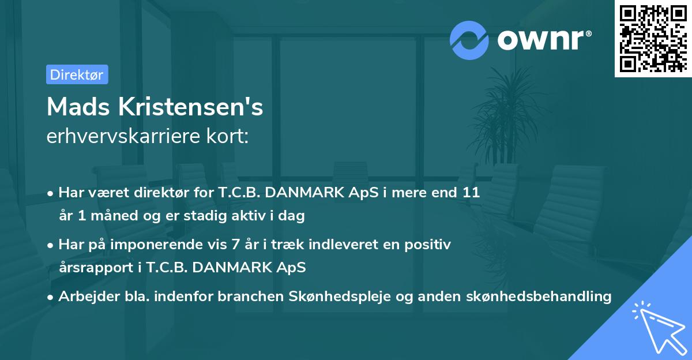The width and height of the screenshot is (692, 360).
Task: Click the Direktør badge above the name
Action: tap(77, 74)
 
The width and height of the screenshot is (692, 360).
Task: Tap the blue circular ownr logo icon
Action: tap(469, 40)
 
